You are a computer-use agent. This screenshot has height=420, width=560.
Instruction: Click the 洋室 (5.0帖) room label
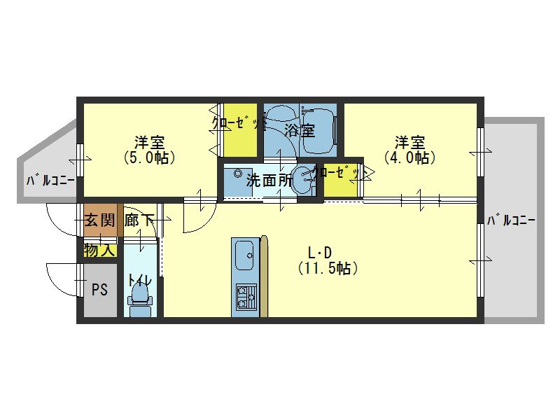(x=149, y=150)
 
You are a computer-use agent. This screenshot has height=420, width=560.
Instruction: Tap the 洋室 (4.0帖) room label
(x=409, y=150)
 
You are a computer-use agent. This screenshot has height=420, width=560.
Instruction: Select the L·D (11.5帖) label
(x=328, y=260)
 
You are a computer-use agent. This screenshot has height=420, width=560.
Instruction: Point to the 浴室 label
(x=300, y=130)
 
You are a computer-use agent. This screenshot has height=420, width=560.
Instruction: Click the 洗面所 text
(x=269, y=181)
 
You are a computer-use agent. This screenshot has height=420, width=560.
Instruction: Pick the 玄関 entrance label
(x=99, y=220)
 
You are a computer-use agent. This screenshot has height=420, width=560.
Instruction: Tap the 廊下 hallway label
(x=139, y=220)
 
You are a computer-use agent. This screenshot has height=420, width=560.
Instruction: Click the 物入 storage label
(x=99, y=250)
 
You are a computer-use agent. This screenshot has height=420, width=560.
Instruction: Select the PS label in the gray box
(x=99, y=290)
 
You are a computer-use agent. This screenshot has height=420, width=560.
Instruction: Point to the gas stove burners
(x=246, y=297)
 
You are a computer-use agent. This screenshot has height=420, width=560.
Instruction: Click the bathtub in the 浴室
(x=318, y=131)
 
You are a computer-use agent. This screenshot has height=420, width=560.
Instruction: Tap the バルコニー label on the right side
(x=511, y=220)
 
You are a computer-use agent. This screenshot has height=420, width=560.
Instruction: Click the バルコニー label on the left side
(x=50, y=180)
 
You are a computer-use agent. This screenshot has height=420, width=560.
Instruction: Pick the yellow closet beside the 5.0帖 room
(x=240, y=130)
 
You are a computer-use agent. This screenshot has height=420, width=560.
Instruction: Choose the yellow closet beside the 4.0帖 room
(x=341, y=181)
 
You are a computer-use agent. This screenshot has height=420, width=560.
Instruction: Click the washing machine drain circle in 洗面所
(x=238, y=174)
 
